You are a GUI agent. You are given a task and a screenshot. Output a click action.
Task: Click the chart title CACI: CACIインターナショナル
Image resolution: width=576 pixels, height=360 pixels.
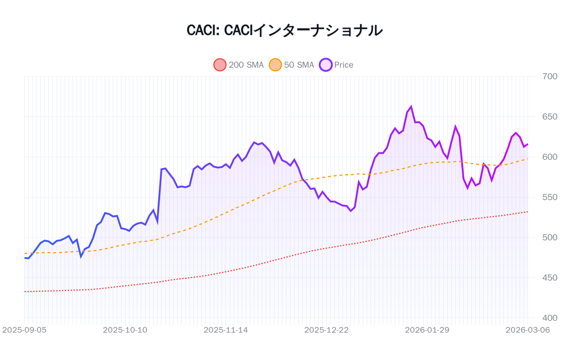[x=284, y=30]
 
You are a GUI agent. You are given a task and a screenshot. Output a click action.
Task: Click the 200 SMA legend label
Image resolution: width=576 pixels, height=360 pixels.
[x=246, y=65]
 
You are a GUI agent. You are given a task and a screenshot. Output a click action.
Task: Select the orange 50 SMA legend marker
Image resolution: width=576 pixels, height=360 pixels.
[x=275, y=65]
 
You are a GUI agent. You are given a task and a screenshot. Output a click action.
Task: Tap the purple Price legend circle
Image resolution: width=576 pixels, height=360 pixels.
[x=325, y=65]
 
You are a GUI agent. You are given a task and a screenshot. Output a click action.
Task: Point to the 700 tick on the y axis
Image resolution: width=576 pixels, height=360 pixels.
[x=550, y=76]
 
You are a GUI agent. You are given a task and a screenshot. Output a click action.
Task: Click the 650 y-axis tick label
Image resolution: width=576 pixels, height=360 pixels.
[x=550, y=117]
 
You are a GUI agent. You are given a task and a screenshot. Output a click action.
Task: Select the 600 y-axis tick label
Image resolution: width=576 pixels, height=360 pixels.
[x=550, y=157]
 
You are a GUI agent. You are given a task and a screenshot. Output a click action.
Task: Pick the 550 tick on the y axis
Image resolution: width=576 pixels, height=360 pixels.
[x=550, y=197]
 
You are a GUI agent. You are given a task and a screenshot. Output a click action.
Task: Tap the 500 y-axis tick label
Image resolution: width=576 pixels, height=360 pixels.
[x=550, y=237]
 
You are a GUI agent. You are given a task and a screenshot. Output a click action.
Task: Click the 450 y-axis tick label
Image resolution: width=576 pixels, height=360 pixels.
[x=550, y=278]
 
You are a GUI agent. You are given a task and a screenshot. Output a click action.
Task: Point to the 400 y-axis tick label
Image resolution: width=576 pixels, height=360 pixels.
[x=550, y=318]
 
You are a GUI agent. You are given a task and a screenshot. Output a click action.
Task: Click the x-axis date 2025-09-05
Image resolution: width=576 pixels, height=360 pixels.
[x=24, y=330]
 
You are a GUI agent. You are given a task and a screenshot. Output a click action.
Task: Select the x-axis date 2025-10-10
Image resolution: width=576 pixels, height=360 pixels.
[x=125, y=330]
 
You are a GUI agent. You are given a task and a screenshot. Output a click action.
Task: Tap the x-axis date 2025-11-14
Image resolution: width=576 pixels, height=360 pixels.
[x=226, y=330]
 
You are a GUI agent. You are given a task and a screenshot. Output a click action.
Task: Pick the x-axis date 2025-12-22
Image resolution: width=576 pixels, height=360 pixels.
[x=327, y=330]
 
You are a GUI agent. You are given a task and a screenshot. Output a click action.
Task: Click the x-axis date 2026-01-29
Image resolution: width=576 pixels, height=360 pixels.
[x=427, y=330]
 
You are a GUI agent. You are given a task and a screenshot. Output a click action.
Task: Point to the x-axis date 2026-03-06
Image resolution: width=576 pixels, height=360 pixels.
[x=528, y=330]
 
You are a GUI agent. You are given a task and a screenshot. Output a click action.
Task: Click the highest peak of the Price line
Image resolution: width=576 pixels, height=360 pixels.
[x=411, y=107]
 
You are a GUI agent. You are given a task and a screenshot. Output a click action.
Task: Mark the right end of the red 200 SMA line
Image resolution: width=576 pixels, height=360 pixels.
[x=528, y=212]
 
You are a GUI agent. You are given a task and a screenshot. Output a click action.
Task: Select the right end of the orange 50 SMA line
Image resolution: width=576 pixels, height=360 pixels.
[x=528, y=159]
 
